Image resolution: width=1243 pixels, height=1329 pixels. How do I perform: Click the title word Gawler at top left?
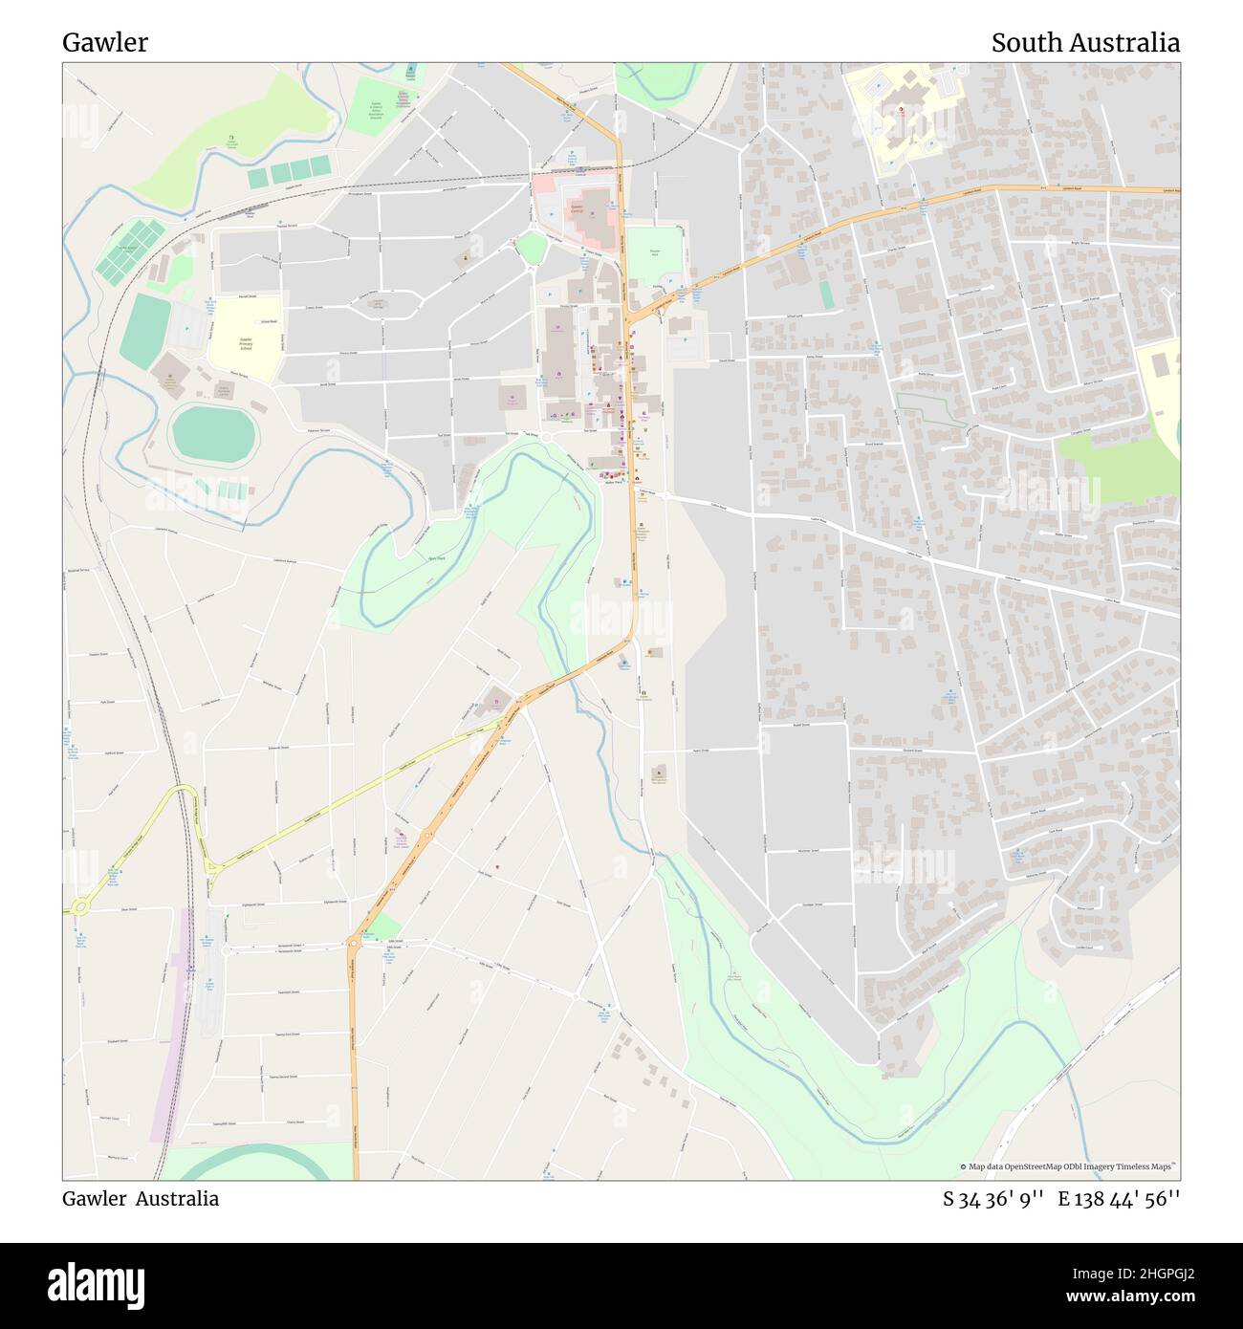(105, 43)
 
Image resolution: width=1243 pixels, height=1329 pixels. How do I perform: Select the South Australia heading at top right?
(1084, 43)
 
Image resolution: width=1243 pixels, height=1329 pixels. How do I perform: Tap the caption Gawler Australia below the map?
(141, 1199)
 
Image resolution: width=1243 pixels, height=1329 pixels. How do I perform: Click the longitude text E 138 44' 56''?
(1118, 1199)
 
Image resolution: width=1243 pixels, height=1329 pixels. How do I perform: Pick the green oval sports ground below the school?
(214, 433)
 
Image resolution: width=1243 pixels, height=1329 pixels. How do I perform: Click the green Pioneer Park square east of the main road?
(655, 254)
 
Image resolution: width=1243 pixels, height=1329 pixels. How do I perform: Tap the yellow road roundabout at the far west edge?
(78, 904)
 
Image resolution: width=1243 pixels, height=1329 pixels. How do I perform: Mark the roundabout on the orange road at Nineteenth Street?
(353, 943)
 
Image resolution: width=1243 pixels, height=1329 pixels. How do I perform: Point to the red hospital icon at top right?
(900, 110)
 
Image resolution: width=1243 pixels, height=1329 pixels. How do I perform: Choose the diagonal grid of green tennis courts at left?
(129, 251)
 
